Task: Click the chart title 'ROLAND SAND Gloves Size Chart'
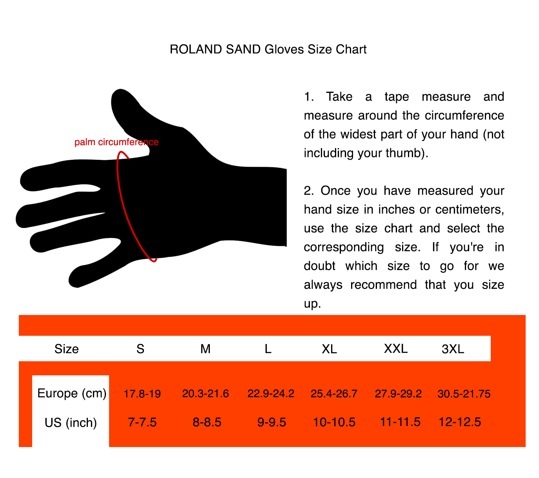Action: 268,49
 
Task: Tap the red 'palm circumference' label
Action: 117,142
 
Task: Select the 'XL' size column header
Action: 329,349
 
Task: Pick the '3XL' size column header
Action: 453,349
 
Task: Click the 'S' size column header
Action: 140,349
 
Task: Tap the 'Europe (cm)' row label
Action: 72,393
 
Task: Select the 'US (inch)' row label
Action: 71,423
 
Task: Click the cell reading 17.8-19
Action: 142,394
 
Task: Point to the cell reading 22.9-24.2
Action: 271,393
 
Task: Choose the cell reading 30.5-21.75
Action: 464,394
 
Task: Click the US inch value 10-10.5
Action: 334,422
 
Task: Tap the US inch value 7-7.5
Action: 142,422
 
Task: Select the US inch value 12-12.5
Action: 460,422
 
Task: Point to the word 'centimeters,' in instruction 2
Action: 470,210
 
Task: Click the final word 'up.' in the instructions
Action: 312,304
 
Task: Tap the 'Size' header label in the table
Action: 67,349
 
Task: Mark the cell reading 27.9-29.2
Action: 398,393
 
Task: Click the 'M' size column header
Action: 206,349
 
